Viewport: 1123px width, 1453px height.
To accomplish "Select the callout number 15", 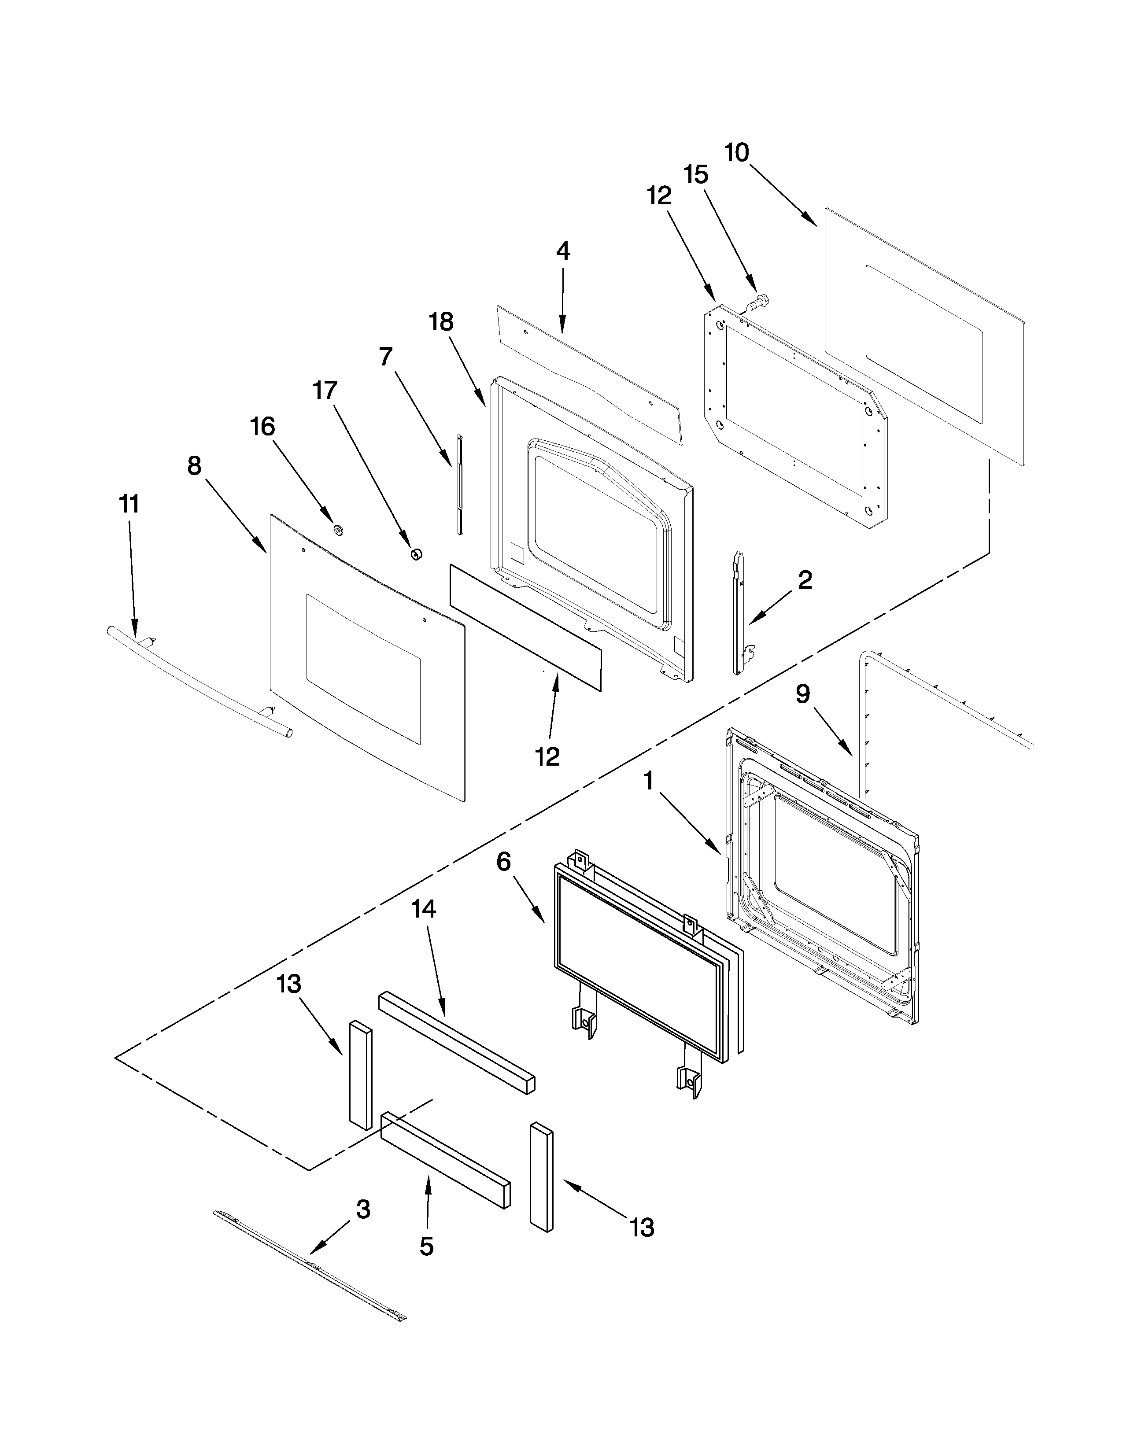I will pos(695,175).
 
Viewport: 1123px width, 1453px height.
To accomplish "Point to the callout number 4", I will pos(563,251).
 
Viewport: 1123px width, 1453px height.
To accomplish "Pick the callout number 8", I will pos(194,466).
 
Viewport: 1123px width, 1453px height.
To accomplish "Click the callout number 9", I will pos(803,694).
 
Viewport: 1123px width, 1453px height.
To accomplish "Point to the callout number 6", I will pos(504,862).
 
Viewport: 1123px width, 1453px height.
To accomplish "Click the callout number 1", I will pos(648,781).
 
